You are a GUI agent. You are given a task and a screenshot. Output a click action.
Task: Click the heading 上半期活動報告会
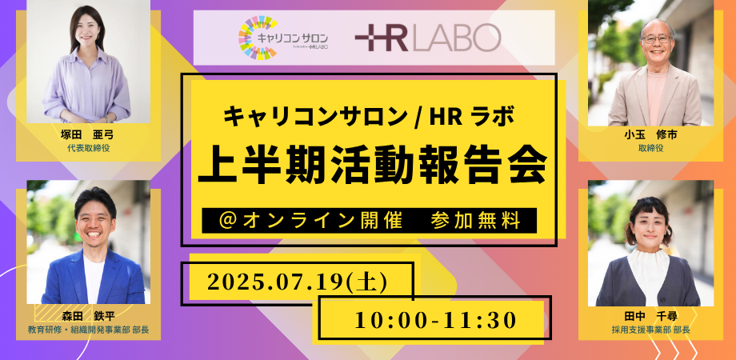[x=372, y=166]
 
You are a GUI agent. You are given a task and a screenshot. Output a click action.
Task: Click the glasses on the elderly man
[x=655, y=38]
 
